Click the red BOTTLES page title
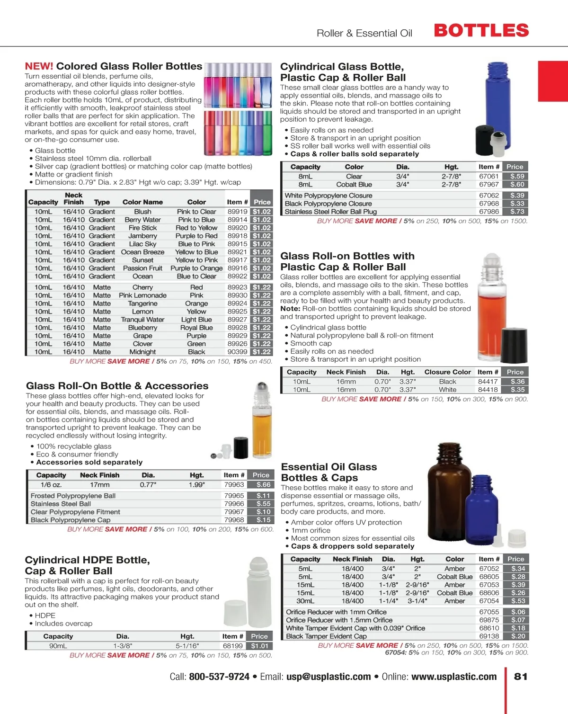pyautogui.click(x=481, y=31)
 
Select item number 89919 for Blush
pyautogui.click(x=237, y=212)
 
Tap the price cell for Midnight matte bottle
pyautogui.click(x=261, y=352)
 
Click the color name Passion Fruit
pyautogui.click(x=142, y=268)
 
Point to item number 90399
pyautogui.click(x=237, y=352)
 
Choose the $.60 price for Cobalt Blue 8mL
pyautogui.click(x=517, y=184)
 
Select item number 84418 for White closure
pyautogui.click(x=488, y=390)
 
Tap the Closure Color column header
pyautogui.click(x=447, y=372)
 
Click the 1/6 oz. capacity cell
pyautogui.click(x=51, y=485)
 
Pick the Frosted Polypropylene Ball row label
pyautogui.click(x=73, y=496)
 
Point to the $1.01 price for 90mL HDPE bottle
pyautogui.click(x=259, y=646)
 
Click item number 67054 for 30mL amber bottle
pyautogui.click(x=489, y=601)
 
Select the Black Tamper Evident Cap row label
pyautogui.click(x=326, y=636)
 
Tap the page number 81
pyautogui.click(x=521, y=677)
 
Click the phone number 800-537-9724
pyautogui.click(x=219, y=677)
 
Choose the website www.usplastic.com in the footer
pyautogui.click(x=454, y=677)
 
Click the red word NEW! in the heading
pyautogui.click(x=39, y=66)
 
